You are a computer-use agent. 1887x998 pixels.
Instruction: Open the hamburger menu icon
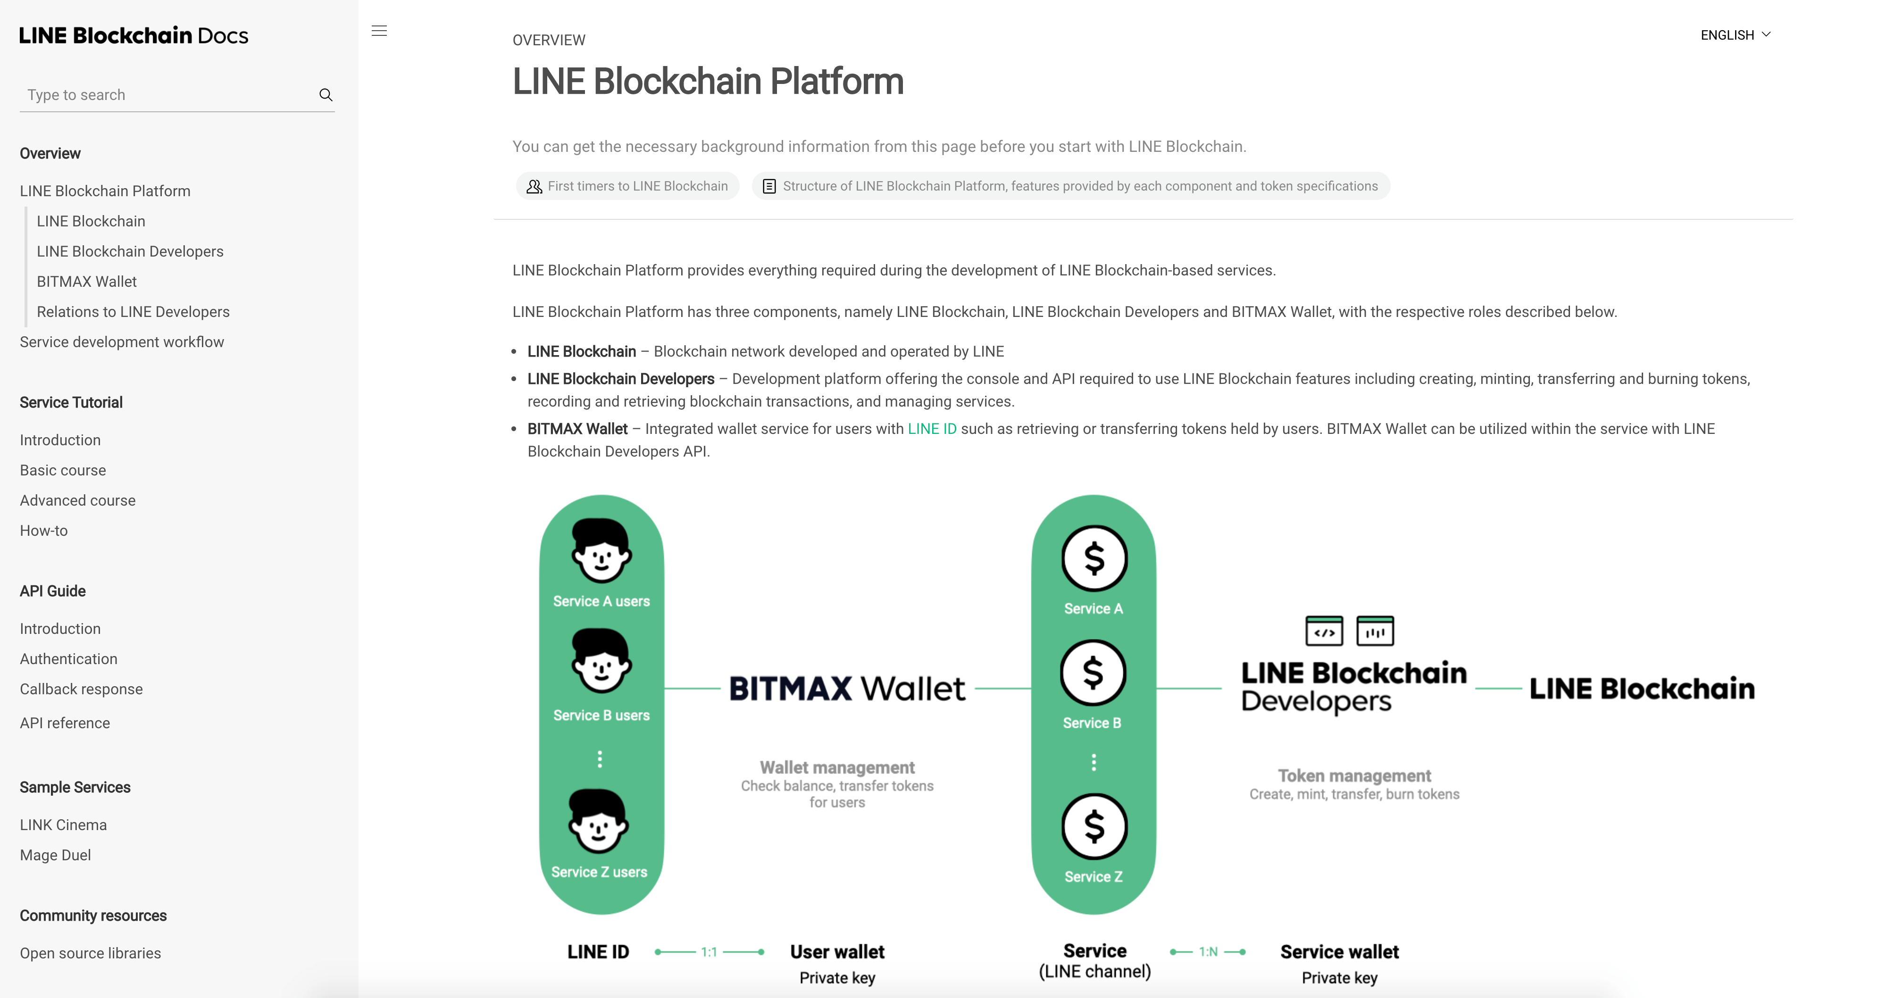coord(379,31)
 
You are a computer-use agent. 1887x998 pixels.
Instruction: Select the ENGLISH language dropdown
coord(1735,35)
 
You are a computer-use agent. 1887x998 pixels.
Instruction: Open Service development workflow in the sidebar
coord(122,342)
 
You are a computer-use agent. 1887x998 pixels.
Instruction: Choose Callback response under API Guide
coord(81,690)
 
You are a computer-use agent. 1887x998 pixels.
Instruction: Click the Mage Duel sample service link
coord(55,855)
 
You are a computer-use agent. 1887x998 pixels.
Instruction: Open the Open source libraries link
coord(90,953)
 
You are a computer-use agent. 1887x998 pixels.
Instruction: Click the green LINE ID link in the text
coord(932,429)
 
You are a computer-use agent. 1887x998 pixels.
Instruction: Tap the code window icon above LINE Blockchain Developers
coord(1324,631)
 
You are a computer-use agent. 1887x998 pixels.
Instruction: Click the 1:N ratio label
coord(1208,952)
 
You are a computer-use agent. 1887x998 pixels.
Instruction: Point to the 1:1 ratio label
coord(709,952)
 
